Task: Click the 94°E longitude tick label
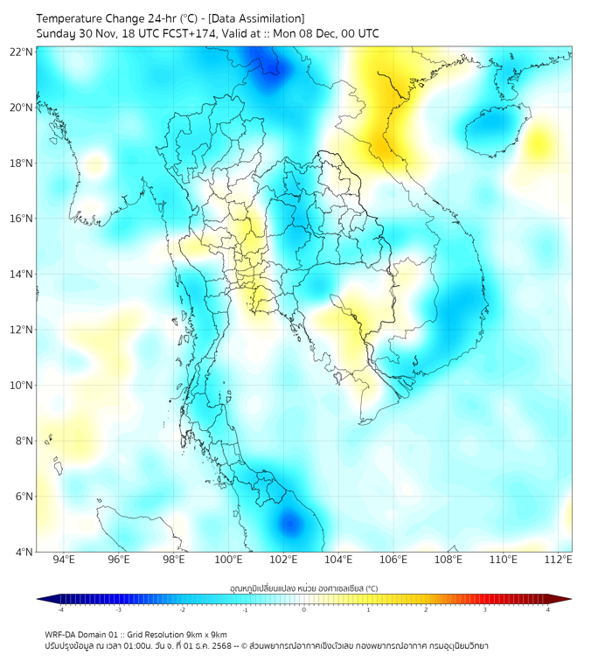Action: coord(64,560)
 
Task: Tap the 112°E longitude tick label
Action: coord(558,560)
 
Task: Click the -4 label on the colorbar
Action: coord(60,610)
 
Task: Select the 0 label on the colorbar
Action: coord(304,610)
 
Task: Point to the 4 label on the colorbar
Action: coord(548,610)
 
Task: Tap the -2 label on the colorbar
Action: coord(182,610)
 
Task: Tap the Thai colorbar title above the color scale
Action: coord(303,588)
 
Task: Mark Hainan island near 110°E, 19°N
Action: coord(494,130)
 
